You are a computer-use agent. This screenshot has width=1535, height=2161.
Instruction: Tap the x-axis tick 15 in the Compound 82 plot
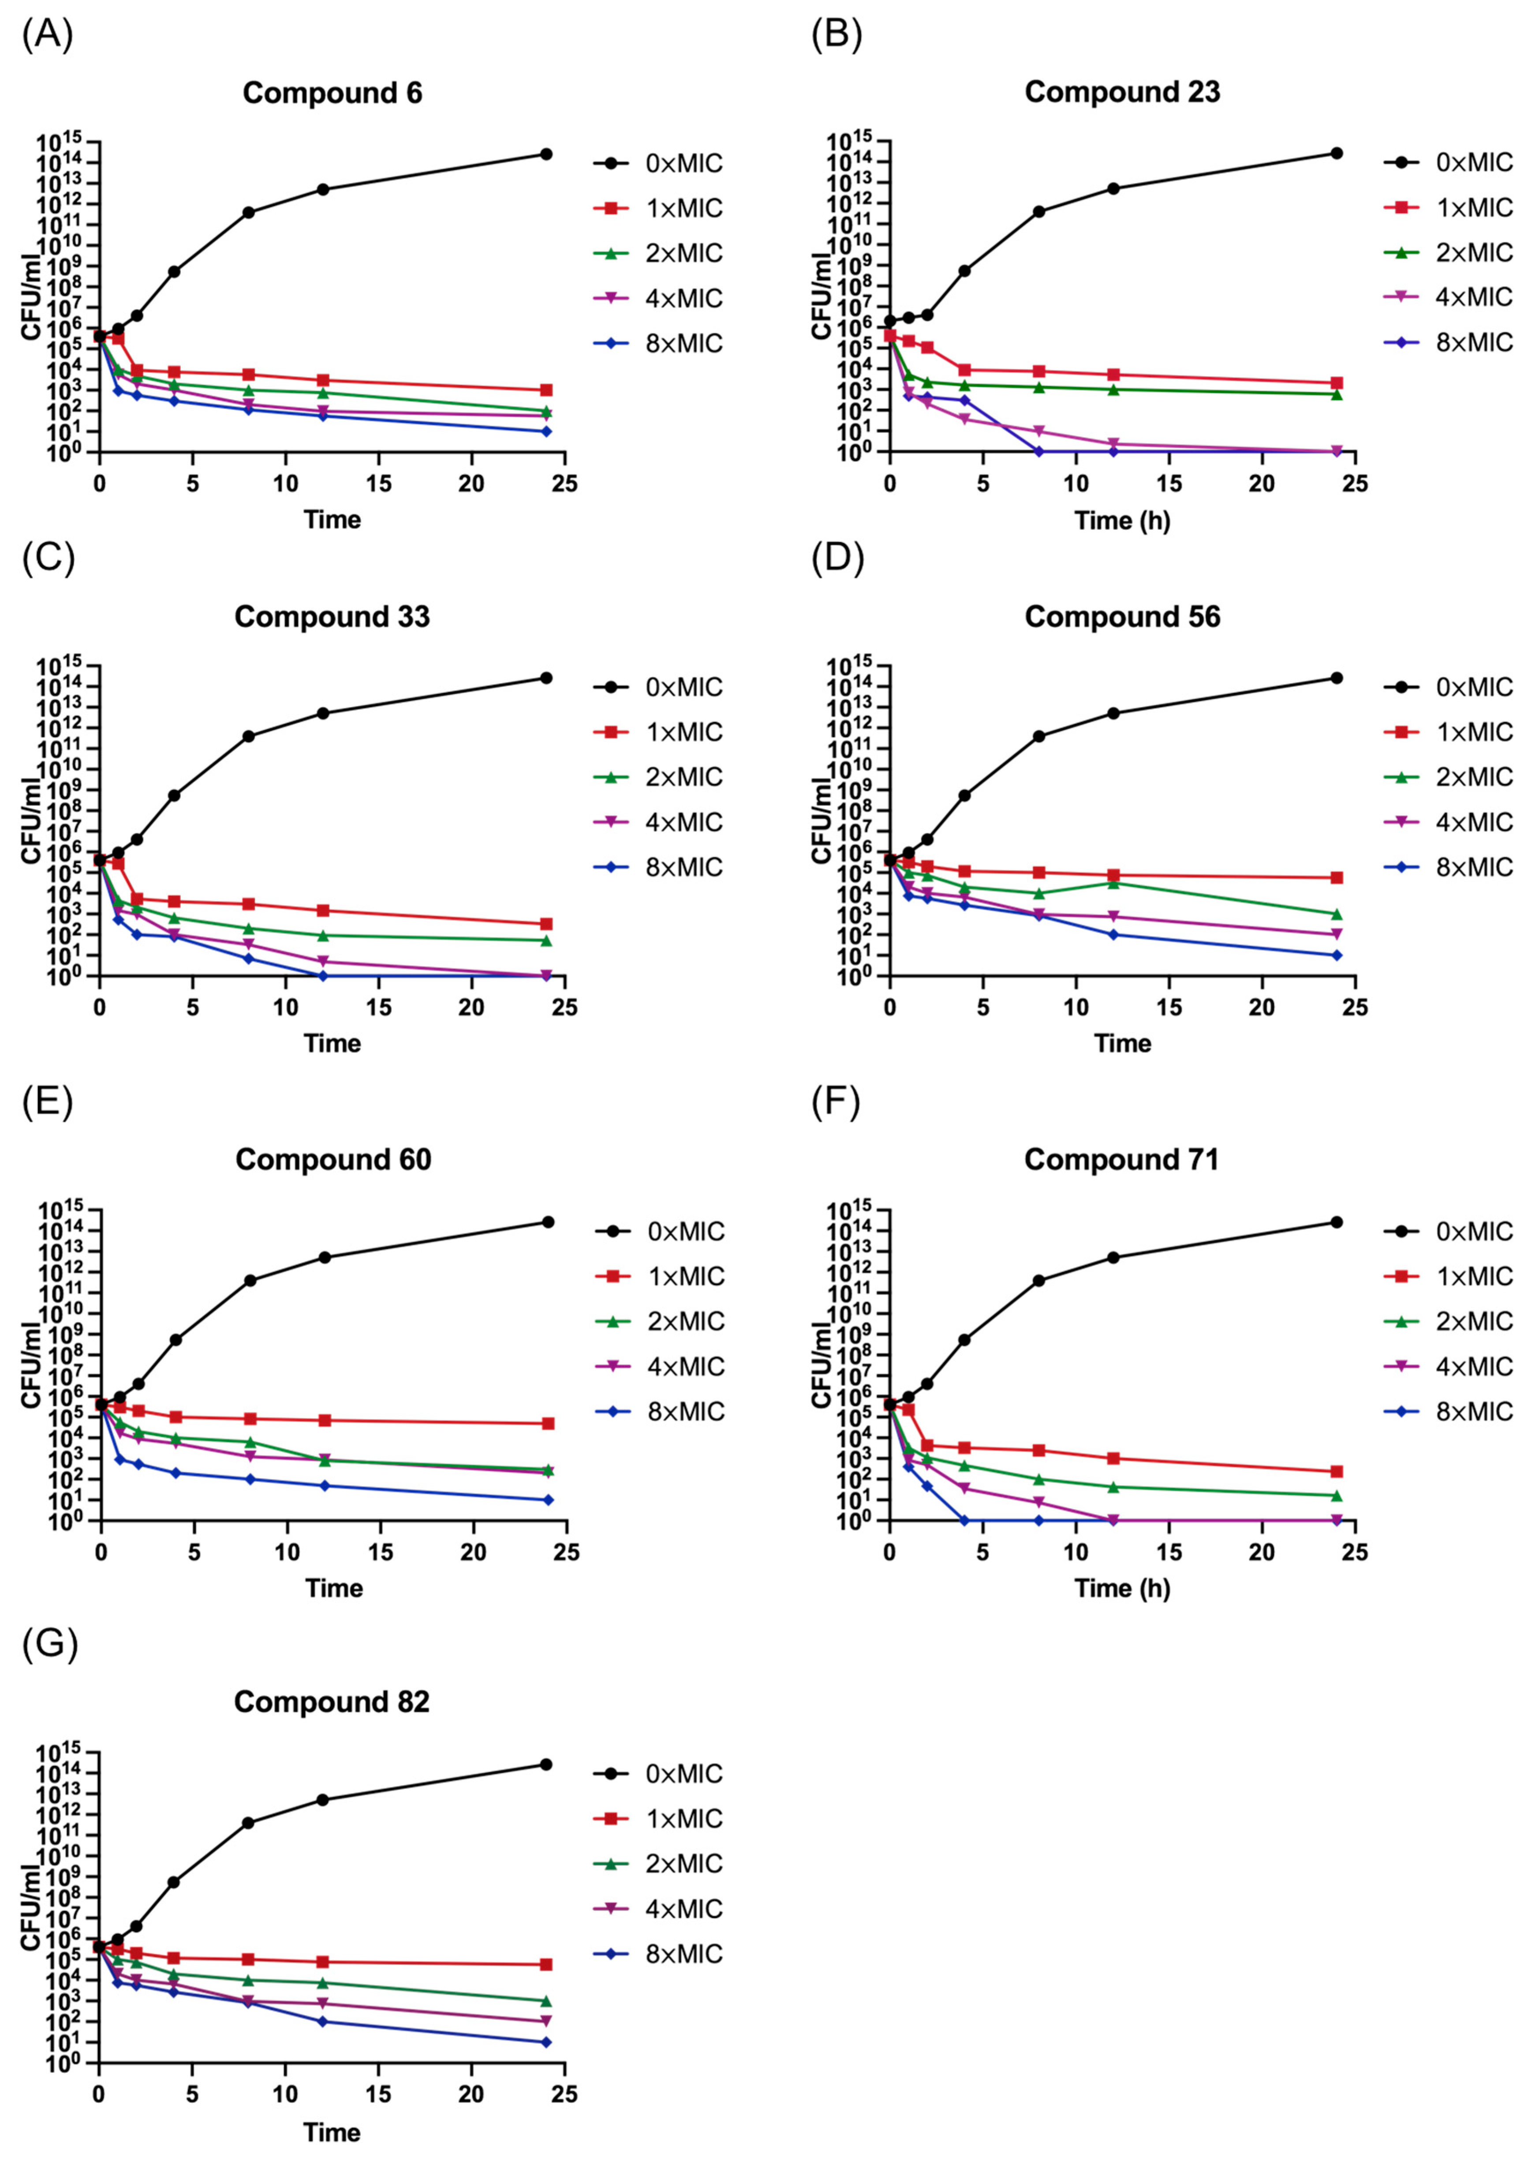(378, 2094)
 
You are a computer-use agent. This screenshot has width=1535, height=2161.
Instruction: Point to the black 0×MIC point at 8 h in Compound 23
(1039, 212)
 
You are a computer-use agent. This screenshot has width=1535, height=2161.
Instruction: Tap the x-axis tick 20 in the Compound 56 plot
(1262, 1007)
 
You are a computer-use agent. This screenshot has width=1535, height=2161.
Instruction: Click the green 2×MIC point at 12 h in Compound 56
(1113, 883)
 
